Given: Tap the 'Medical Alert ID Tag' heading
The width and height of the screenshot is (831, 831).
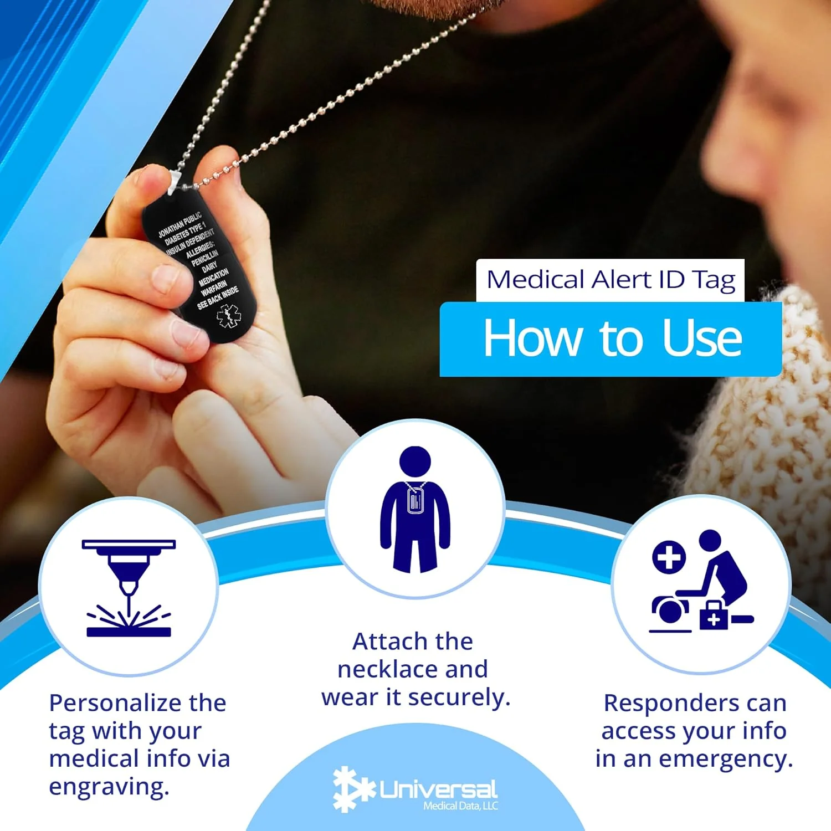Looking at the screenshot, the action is pyautogui.click(x=611, y=280).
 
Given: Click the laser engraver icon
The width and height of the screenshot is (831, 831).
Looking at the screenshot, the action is pyautogui.click(x=129, y=588).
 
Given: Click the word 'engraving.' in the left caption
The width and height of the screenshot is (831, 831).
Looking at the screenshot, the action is pyautogui.click(x=109, y=787).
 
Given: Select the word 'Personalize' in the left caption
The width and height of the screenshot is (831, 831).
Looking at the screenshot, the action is pyautogui.click(x=115, y=704).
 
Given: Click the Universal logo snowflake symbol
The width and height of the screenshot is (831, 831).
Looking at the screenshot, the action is pyautogui.click(x=353, y=789).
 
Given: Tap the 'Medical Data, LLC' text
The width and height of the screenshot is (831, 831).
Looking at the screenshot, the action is pyautogui.click(x=460, y=806).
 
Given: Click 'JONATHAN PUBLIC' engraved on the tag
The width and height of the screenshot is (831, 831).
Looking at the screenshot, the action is pyautogui.click(x=179, y=224).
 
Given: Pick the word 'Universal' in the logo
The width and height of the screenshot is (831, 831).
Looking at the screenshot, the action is pyautogui.click(x=438, y=789).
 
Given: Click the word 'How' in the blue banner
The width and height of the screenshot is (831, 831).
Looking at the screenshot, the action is pyautogui.click(x=532, y=338).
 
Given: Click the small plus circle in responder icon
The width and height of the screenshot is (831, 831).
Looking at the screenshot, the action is pyautogui.click(x=669, y=557).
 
